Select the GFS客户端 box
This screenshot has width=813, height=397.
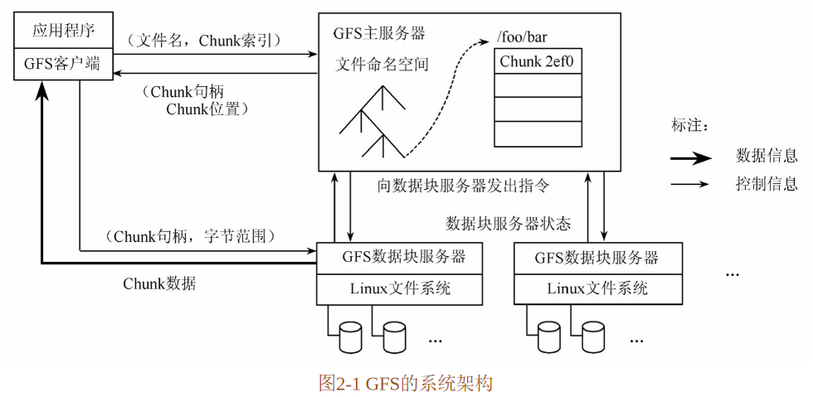(63, 65)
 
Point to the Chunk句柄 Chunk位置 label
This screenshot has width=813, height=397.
(197, 100)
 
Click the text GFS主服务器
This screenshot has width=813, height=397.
(380, 34)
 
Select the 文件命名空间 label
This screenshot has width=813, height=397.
(382, 65)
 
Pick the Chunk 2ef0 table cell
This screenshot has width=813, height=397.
(538, 62)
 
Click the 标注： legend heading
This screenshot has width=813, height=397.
(690, 125)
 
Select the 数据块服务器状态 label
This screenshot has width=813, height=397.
(509, 224)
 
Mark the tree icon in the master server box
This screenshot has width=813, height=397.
(372, 122)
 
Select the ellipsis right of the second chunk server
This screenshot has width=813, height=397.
(732, 274)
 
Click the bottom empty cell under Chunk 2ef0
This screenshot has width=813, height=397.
(538, 133)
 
